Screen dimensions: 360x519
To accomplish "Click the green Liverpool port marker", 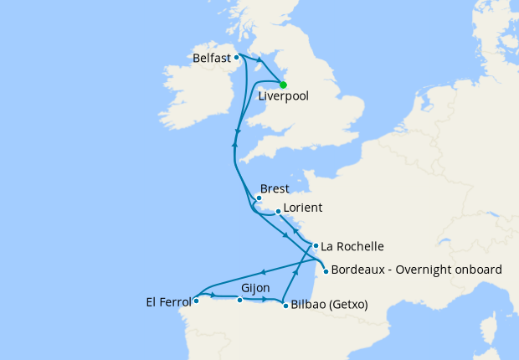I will [283, 85].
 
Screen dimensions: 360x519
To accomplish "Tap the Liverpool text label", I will [284, 96].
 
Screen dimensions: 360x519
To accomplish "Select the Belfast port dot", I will [237, 58].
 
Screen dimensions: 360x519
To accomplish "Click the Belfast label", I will [212, 59].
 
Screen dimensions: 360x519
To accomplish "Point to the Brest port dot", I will [259, 198].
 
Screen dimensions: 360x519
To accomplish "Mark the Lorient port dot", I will [278, 213].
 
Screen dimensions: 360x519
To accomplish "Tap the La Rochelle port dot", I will [316, 246].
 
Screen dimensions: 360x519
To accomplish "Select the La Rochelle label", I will [352, 247].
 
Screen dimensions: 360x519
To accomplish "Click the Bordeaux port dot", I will [325, 270].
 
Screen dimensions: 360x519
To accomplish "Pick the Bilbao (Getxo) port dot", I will [285, 305].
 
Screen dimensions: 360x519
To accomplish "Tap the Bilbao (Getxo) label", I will [330, 305].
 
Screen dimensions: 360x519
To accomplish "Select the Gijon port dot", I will [240, 300].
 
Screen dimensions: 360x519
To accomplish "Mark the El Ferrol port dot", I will [195, 300].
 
